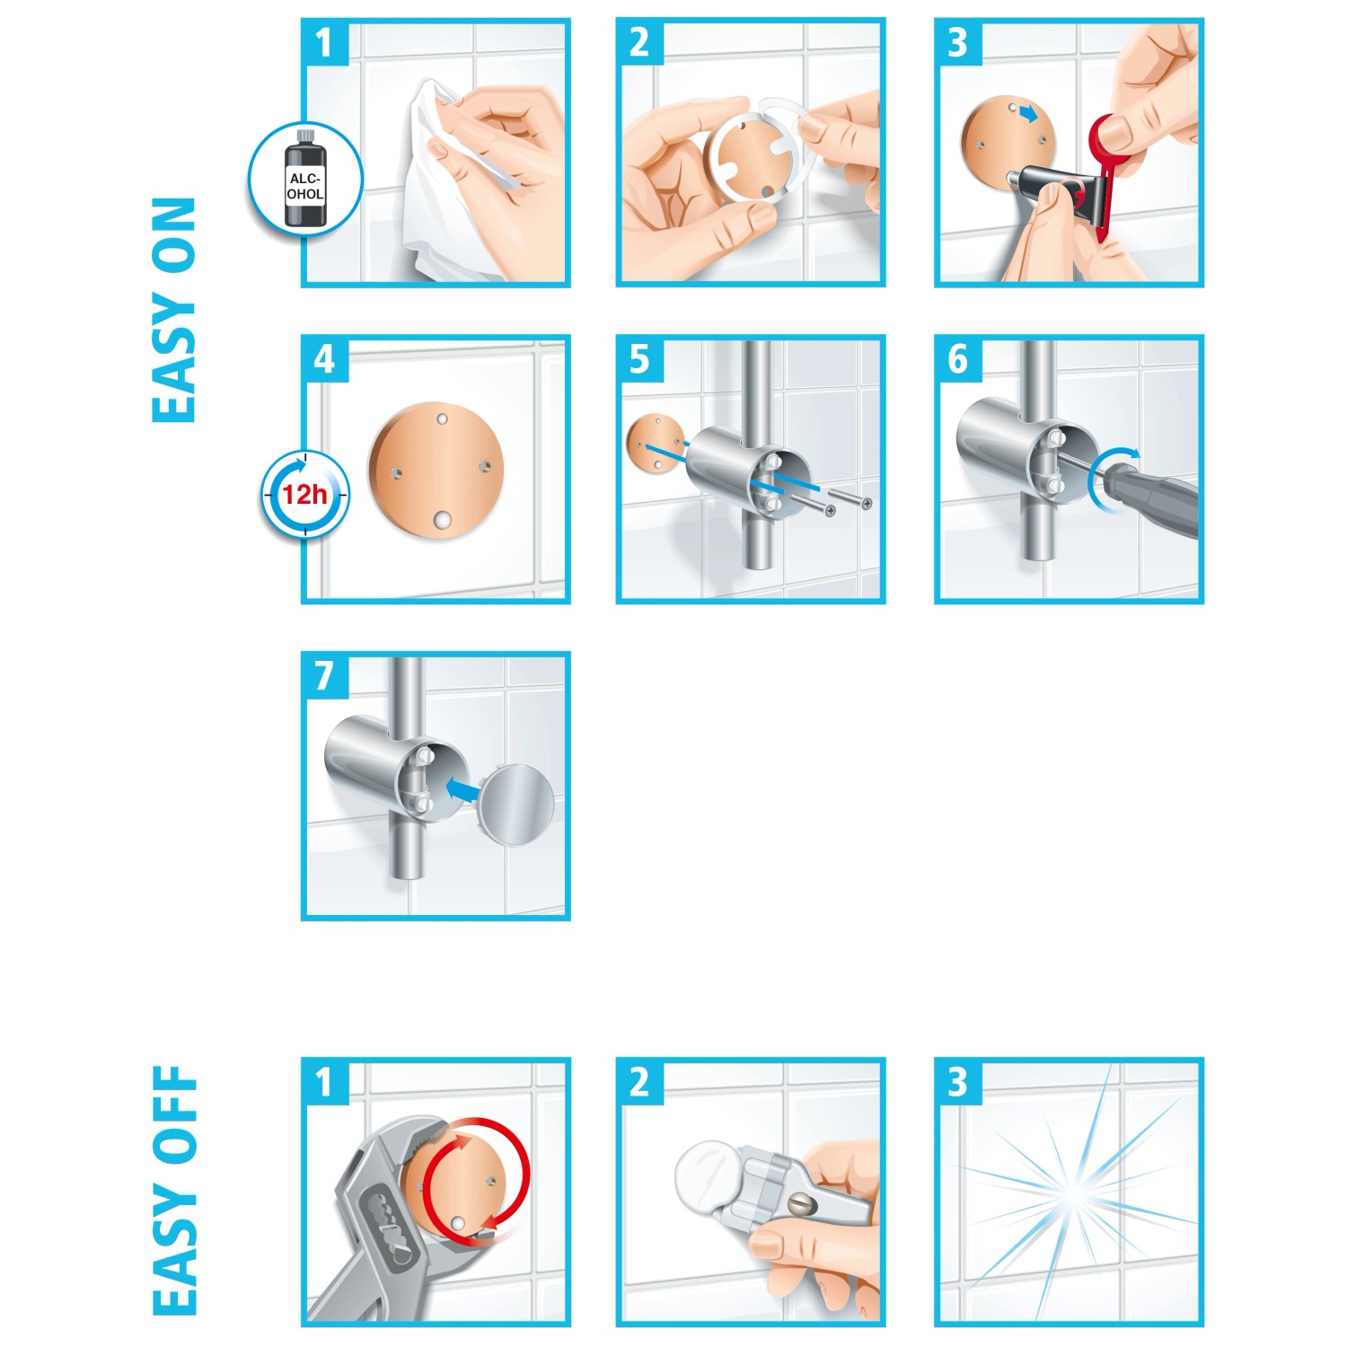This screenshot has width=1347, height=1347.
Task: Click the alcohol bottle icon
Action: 305,179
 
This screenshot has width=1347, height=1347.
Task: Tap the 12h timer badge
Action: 305,495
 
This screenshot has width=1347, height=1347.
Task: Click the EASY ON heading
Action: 173,310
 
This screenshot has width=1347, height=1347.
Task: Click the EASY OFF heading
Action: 173,1190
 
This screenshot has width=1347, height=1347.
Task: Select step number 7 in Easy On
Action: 324,675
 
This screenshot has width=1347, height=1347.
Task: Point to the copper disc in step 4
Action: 436,471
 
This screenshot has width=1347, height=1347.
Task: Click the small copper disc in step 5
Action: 656,443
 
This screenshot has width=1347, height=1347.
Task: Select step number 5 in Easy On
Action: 639,359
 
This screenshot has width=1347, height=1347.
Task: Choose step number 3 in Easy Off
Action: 957,1082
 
